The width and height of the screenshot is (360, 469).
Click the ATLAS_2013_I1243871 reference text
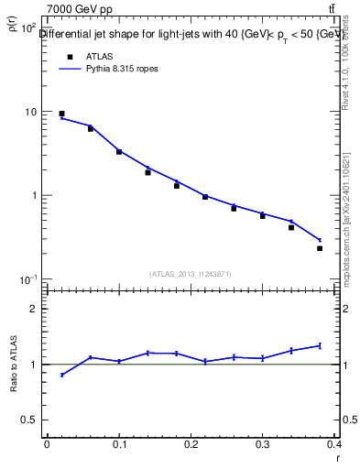coord(190,274)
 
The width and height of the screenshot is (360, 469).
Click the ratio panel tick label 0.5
coord(28,420)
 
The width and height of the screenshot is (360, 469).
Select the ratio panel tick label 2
coord(33,309)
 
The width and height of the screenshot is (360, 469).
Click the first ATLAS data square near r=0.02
coord(61,114)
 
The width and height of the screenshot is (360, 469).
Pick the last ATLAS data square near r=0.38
coord(320,248)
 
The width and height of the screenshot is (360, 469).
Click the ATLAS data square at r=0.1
coord(119,152)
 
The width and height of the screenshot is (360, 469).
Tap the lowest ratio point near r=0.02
coord(61,375)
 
